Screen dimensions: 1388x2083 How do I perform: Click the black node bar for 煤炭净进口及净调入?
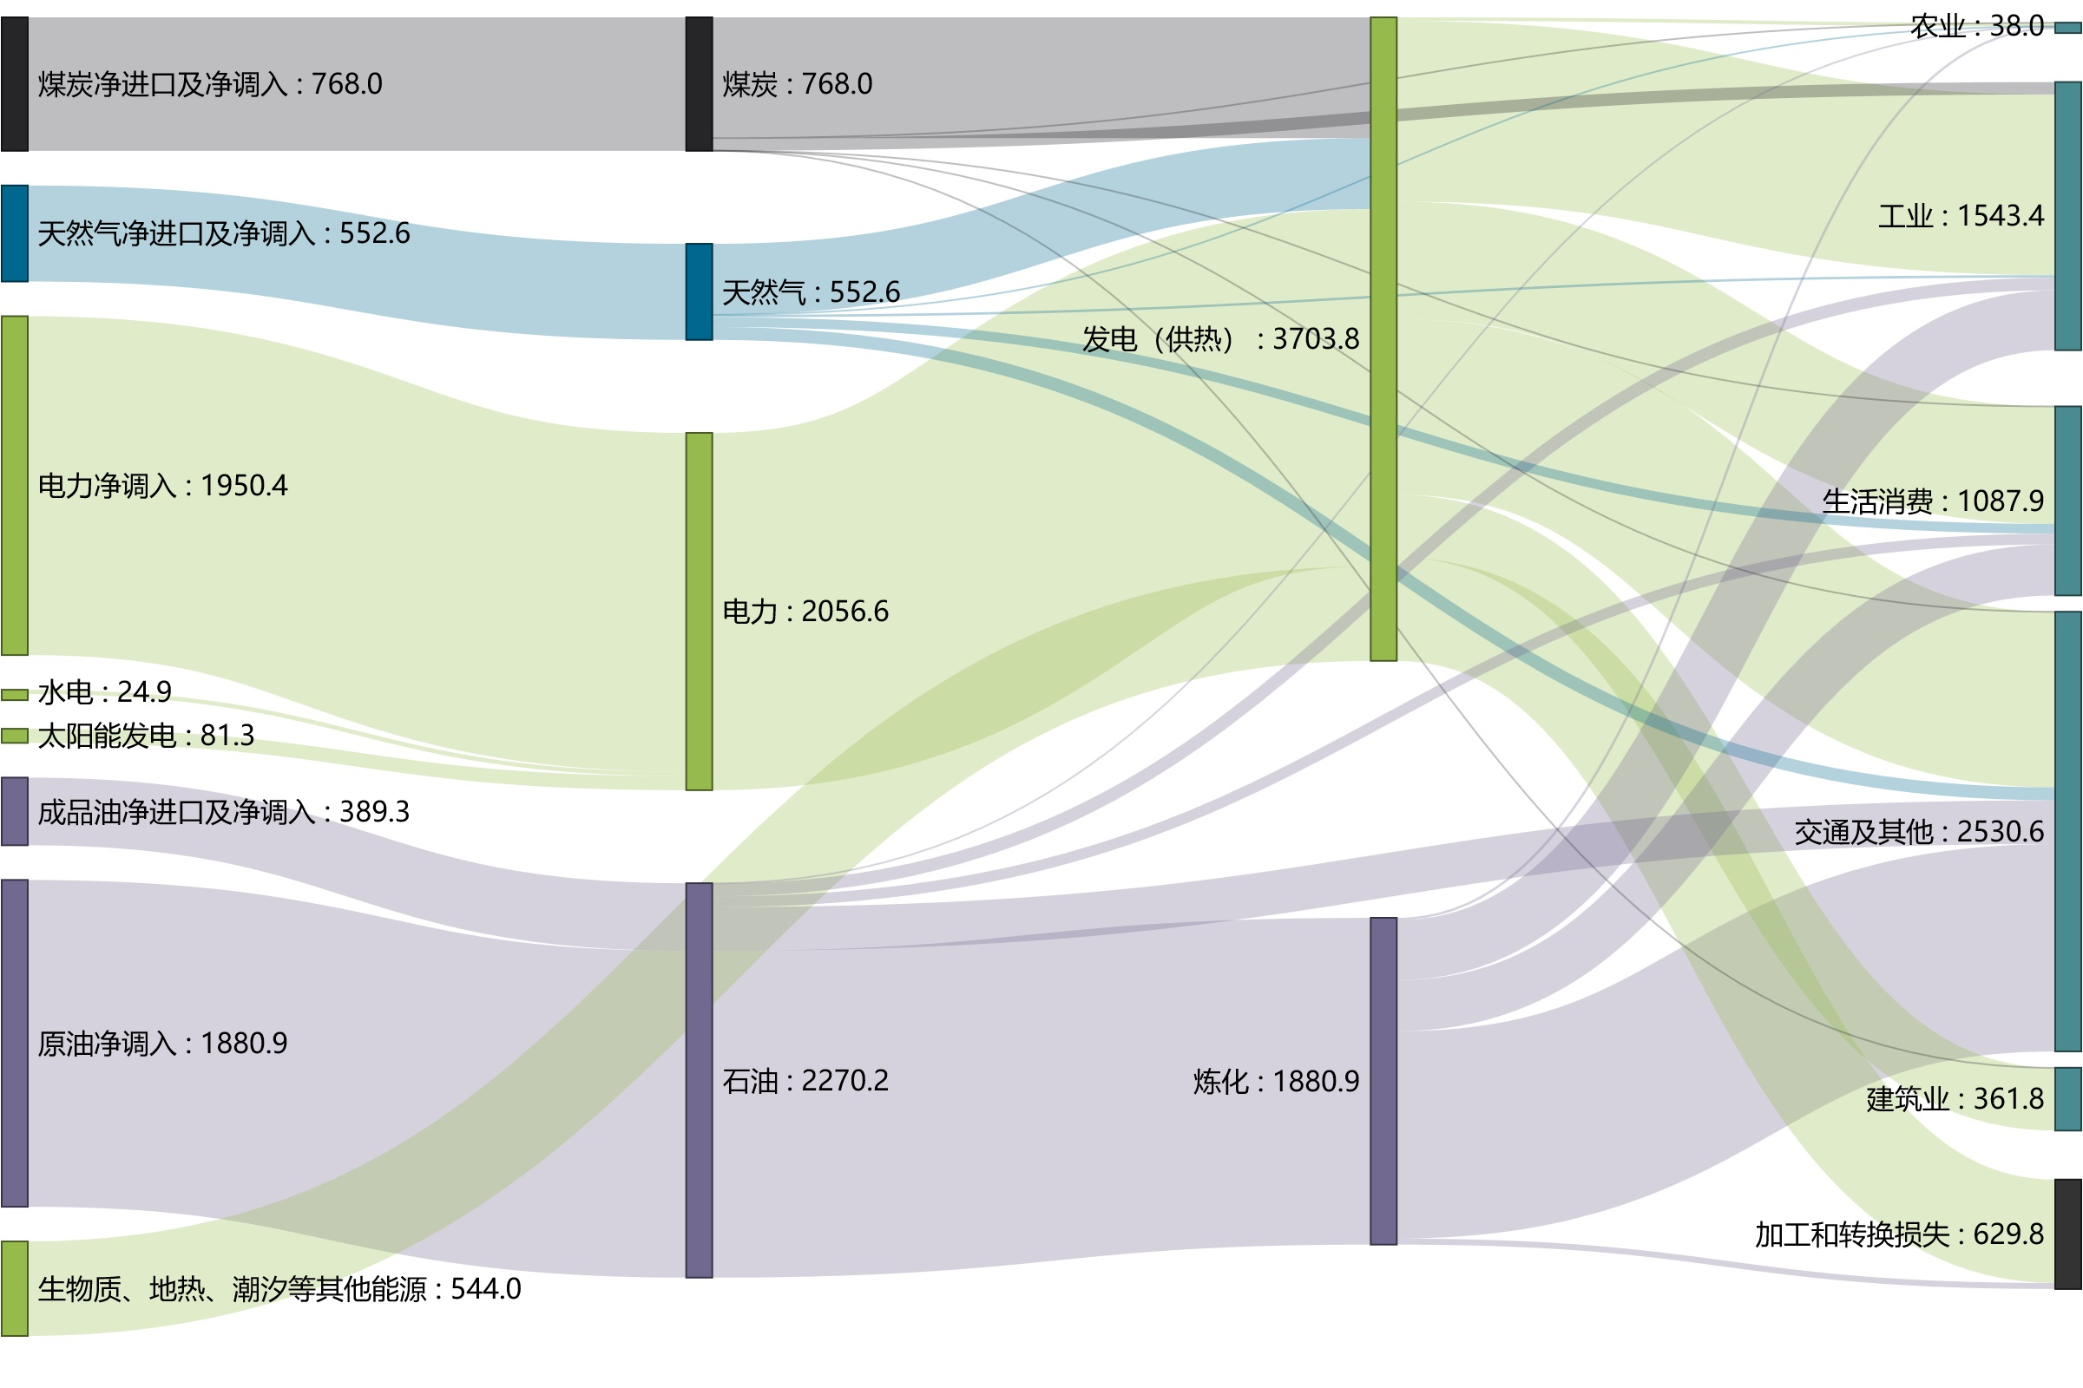14,84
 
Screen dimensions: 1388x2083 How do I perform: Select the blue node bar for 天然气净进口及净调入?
14,233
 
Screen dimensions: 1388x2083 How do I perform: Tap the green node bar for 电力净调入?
14,486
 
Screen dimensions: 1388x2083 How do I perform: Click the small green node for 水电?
14,695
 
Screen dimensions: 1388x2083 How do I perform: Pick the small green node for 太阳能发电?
14,736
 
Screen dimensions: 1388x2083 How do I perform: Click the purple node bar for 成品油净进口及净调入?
14,812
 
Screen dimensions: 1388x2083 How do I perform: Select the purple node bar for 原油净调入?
14,1044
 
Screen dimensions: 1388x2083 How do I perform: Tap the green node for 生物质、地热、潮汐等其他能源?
14,1289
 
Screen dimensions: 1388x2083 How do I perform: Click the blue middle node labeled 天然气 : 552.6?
699,292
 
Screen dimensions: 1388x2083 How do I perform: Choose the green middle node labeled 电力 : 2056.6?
699,612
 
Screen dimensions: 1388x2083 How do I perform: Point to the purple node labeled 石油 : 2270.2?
699,1081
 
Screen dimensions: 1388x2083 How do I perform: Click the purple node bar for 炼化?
1383,1082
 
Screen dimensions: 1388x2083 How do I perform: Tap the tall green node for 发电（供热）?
1383,339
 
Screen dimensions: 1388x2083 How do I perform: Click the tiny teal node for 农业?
2068,29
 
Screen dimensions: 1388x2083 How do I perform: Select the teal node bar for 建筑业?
2068,1099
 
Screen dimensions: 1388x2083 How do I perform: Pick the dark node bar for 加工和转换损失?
2068,1234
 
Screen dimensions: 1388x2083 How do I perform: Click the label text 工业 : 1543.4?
1961,216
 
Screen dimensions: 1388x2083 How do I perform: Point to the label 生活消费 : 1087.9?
1933,502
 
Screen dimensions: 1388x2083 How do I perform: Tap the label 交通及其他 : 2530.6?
1919,832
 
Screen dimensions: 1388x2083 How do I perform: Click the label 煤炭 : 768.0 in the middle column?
797,84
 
